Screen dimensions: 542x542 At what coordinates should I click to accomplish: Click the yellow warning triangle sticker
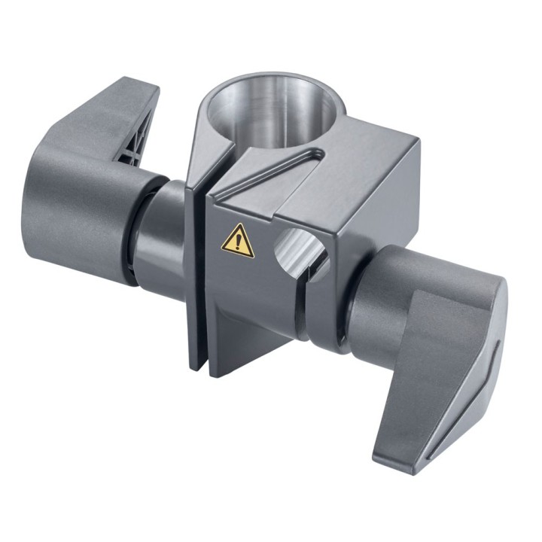(x=238, y=242)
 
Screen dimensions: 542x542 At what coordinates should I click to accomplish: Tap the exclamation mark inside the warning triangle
(x=239, y=243)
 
